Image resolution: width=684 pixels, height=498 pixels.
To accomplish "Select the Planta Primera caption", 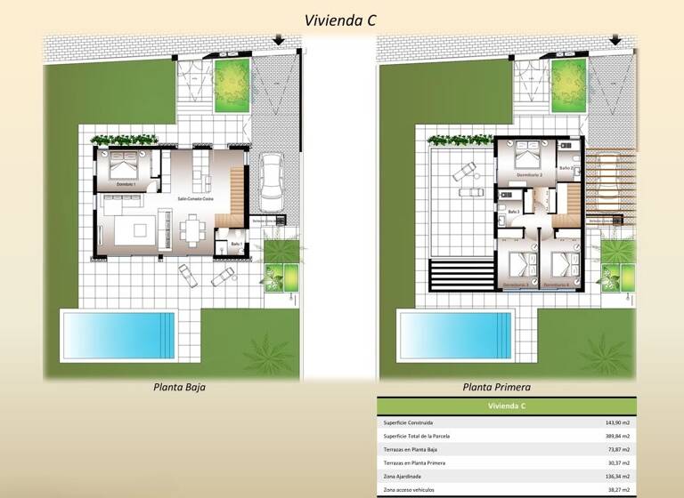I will tap(497, 388).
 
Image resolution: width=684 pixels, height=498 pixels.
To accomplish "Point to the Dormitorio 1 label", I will tap(126, 184).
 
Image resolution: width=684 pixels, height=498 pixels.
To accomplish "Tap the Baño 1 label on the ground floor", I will tap(236, 244).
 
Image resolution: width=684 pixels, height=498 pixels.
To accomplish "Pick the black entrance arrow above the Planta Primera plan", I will tap(615, 39).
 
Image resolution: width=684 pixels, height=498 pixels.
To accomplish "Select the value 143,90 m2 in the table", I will tap(615, 422).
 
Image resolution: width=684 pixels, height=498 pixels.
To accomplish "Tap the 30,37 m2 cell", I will tap(616, 463).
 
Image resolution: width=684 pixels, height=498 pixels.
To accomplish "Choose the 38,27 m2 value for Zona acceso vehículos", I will tap(616, 490).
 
